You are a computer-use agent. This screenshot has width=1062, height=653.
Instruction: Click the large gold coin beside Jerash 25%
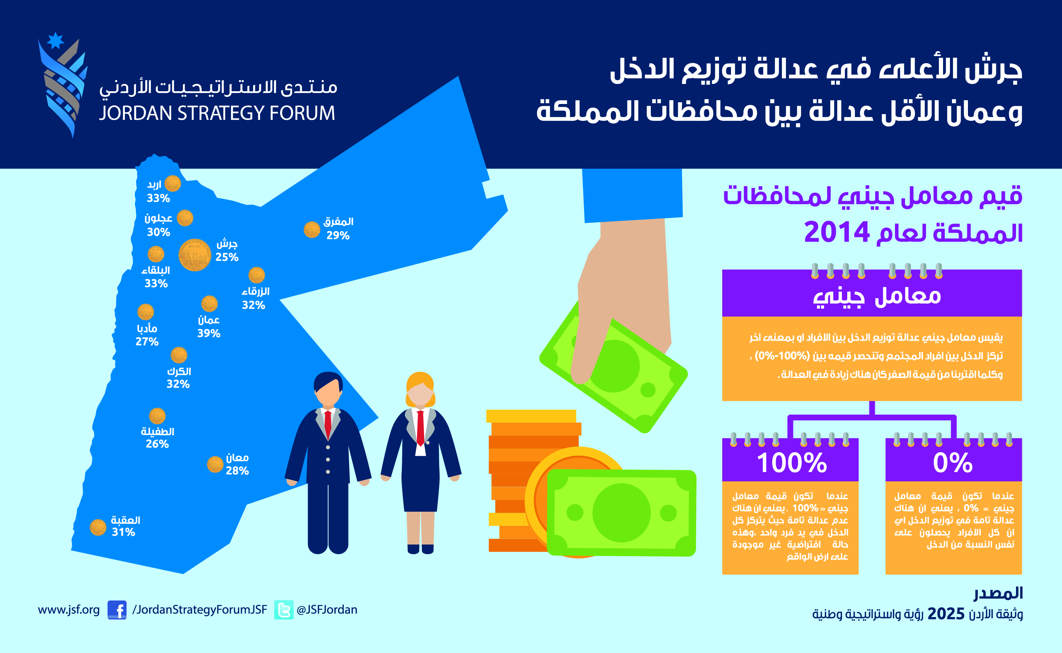(195, 255)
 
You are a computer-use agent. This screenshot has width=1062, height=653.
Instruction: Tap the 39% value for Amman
(209, 333)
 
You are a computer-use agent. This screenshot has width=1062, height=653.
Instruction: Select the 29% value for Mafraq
(338, 235)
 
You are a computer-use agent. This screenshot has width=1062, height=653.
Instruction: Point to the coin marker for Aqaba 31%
(98, 527)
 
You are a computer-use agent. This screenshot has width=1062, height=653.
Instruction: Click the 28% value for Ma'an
(237, 471)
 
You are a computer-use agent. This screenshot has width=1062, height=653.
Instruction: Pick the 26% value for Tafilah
(157, 444)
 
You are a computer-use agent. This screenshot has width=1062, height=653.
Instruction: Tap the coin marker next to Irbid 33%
(173, 183)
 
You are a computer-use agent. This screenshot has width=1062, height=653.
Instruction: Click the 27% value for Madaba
(147, 342)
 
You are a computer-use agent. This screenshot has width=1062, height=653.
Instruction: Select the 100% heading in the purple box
(792, 463)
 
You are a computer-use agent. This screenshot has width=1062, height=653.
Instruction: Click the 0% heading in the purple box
(953, 463)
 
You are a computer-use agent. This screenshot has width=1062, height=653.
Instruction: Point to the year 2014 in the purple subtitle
(837, 232)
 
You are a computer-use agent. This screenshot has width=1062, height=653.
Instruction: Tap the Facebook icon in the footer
(117, 610)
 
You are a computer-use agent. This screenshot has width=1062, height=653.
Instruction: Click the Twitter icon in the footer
(284, 610)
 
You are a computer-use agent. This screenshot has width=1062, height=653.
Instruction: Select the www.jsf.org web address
(69, 610)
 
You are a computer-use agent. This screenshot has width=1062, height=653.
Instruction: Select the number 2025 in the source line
(946, 614)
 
